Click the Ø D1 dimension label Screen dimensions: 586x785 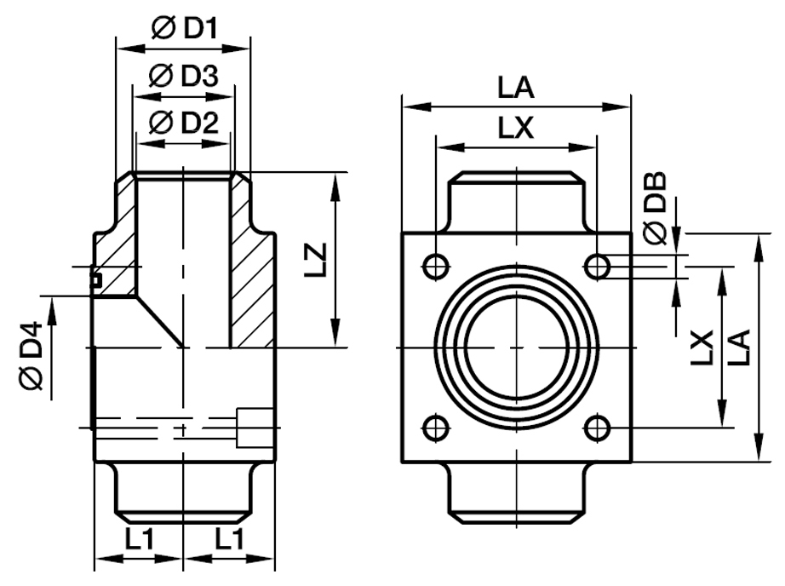(184, 27)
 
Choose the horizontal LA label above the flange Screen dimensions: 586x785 (515, 88)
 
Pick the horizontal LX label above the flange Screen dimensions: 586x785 (515, 129)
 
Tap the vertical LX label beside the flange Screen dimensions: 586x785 (703, 348)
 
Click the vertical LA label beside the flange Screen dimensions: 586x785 (738, 348)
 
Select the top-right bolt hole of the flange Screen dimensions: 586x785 (599, 267)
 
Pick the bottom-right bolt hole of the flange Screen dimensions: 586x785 (599, 427)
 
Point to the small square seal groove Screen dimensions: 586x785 (95, 279)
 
